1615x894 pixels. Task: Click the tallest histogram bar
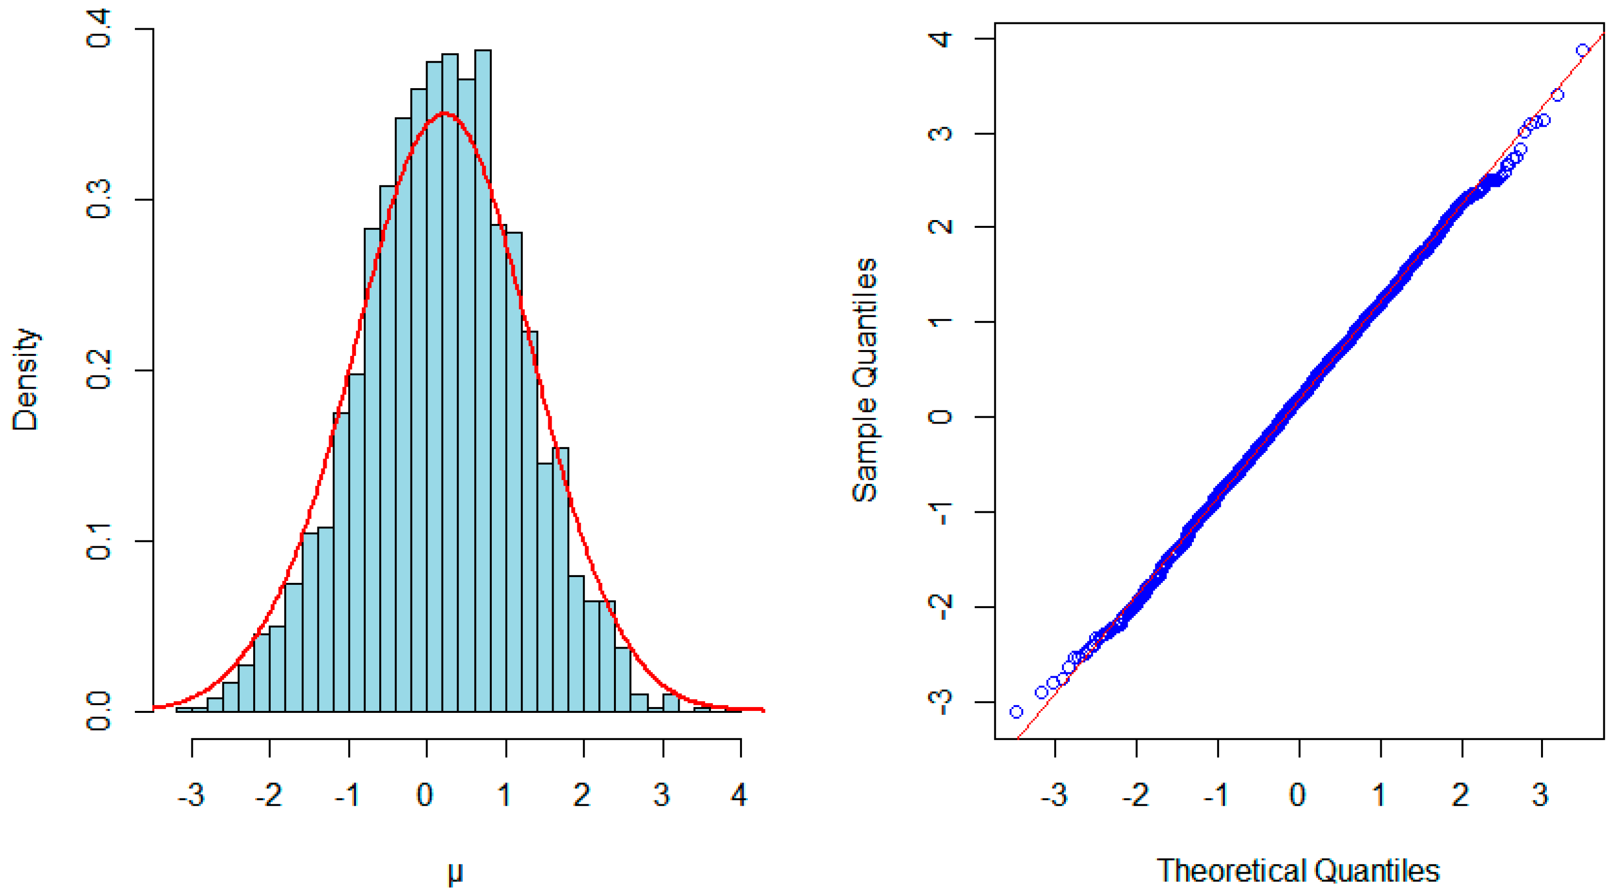(x=482, y=376)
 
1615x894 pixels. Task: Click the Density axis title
(x=26, y=379)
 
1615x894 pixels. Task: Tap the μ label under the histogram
(x=455, y=872)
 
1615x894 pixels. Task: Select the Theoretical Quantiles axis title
(x=1298, y=871)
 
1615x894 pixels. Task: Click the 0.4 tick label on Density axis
(x=99, y=29)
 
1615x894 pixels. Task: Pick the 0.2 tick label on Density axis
(x=99, y=370)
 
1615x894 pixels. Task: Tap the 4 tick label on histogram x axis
(x=740, y=795)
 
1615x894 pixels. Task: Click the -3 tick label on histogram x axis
(x=191, y=795)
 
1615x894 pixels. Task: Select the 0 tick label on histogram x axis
(x=425, y=795)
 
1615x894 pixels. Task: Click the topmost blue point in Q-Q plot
(x=1582, y=50)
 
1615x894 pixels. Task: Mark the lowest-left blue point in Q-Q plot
(x=1016, y=711)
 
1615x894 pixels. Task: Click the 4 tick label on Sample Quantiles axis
(x=940, y=39)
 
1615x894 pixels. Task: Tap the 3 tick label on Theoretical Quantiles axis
(x=1541, y=795)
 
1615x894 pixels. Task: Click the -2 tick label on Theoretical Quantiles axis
(x=1135, y=795)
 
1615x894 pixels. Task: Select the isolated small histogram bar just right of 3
(x=670, y=703)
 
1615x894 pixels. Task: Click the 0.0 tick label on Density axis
(x=99, y=711)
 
